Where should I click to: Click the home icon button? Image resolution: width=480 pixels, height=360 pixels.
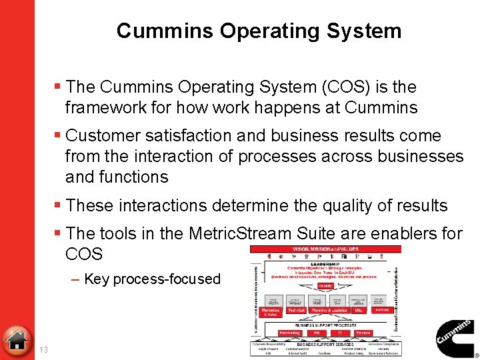point(16,339)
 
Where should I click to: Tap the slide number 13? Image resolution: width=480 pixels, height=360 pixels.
point(44,350)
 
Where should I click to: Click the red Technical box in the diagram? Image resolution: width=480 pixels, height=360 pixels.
point(296,311)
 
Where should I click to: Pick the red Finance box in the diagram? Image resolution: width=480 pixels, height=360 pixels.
point(363,333)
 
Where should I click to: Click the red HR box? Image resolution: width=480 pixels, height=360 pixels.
point(316,333)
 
